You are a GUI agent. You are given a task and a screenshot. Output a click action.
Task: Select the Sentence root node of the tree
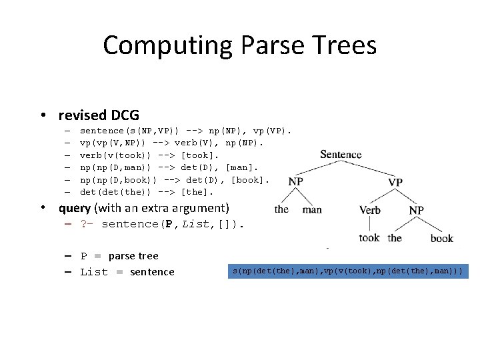(341, 155)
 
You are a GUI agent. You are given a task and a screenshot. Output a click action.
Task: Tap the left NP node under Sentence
(295, 181)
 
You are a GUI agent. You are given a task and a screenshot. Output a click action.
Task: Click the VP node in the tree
(395, 182)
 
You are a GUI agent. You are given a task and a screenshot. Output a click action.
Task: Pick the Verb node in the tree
(370, 210)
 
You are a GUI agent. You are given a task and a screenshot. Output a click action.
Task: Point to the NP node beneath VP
(416, 210)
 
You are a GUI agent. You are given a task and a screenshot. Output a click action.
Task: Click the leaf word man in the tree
(312, 209)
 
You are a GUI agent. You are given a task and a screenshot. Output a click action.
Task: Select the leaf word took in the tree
(369, 237)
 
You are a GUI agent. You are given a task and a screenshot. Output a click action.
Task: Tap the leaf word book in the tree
(441, 238)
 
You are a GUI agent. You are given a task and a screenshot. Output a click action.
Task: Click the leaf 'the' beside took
(395, 237)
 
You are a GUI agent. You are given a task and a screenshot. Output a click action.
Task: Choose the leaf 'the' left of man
(281, 209)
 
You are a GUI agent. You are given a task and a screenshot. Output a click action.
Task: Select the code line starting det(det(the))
(147, 192)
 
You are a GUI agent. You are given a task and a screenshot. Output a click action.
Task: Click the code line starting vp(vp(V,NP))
(172, 143)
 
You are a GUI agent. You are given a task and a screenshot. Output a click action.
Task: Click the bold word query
(75, 207)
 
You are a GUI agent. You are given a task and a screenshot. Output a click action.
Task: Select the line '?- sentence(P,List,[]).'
(163, 224)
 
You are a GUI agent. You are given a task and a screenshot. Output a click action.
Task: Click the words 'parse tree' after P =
(133, 256)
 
